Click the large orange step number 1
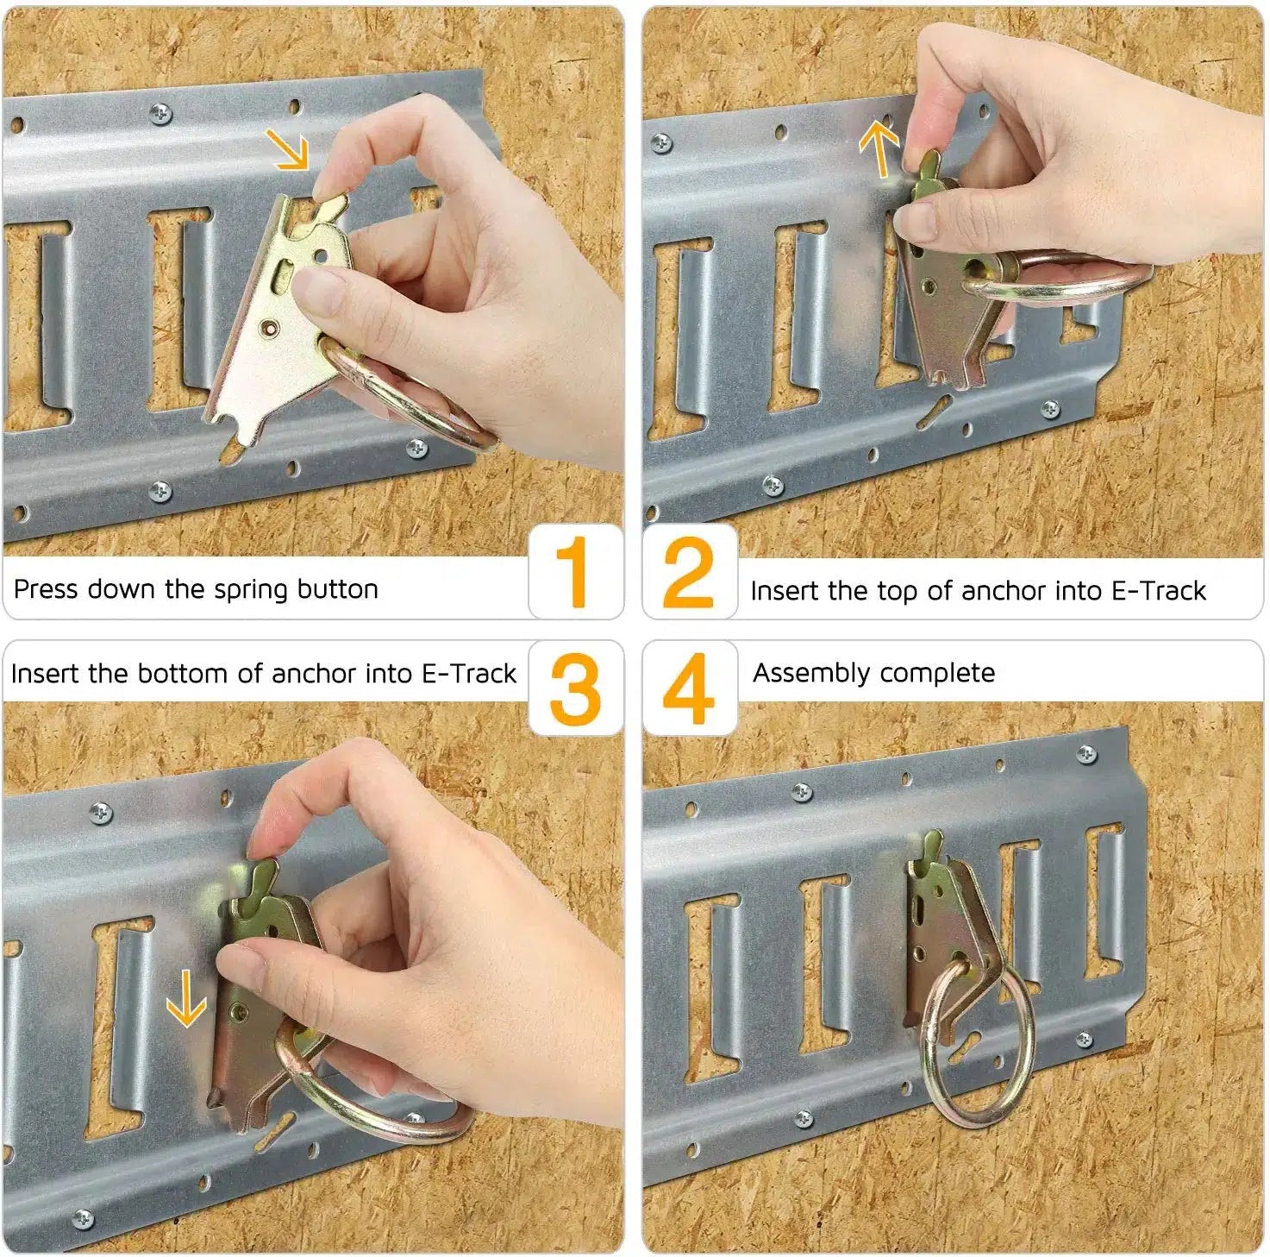(572, 571)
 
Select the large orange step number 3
(575, 689)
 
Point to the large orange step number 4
(688, 689)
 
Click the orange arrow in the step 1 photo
(288, 149)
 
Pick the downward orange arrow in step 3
(186, 998)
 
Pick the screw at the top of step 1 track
(160, 113)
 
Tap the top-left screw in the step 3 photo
(100, 813)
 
